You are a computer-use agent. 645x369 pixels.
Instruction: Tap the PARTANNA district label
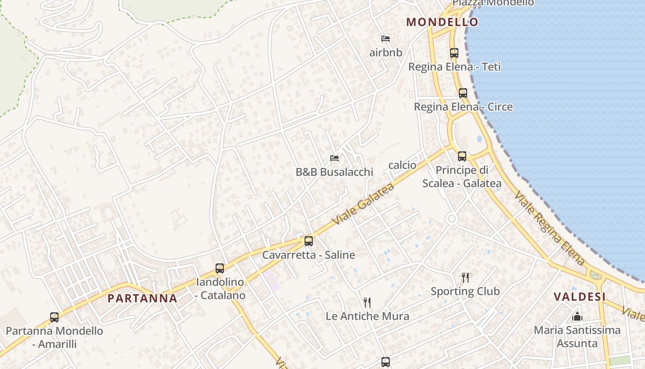click(x=142, y=298)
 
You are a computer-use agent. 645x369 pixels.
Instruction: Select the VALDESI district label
click(x=580, y=297)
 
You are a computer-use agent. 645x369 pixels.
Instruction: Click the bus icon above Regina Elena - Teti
click(x=454, y=53)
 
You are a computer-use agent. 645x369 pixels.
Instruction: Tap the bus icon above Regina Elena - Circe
click(x=463, y=93)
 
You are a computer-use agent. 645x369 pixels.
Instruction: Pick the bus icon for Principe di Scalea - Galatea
click(x=462, y=156)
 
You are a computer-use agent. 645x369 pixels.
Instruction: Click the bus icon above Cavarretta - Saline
click(x=309, y=241)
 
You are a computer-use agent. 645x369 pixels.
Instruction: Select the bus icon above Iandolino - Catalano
click(x=220, y=268)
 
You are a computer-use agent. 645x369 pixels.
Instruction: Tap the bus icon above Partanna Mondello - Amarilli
click(x=54, y=317)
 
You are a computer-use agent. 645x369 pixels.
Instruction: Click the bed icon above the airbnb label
click(x=386, y=38)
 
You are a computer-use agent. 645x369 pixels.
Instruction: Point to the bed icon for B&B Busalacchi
click(x=334, y=158)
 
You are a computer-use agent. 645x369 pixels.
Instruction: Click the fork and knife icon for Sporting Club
click(x=465, y=277)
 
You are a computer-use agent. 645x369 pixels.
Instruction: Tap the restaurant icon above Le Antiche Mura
click(x=367, y=302)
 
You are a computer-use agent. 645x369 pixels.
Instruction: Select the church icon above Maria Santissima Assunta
click(x=577, y=316)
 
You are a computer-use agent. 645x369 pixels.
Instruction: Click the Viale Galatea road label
click(x=364, y=203)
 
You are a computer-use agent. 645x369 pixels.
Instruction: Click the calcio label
click(x=402, y=165)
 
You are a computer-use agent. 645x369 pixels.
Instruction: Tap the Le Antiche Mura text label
click(x=367, y=316)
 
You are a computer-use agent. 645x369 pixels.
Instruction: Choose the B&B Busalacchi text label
click(x=334, y=172)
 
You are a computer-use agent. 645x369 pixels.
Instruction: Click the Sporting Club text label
click(x=465, y=291)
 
